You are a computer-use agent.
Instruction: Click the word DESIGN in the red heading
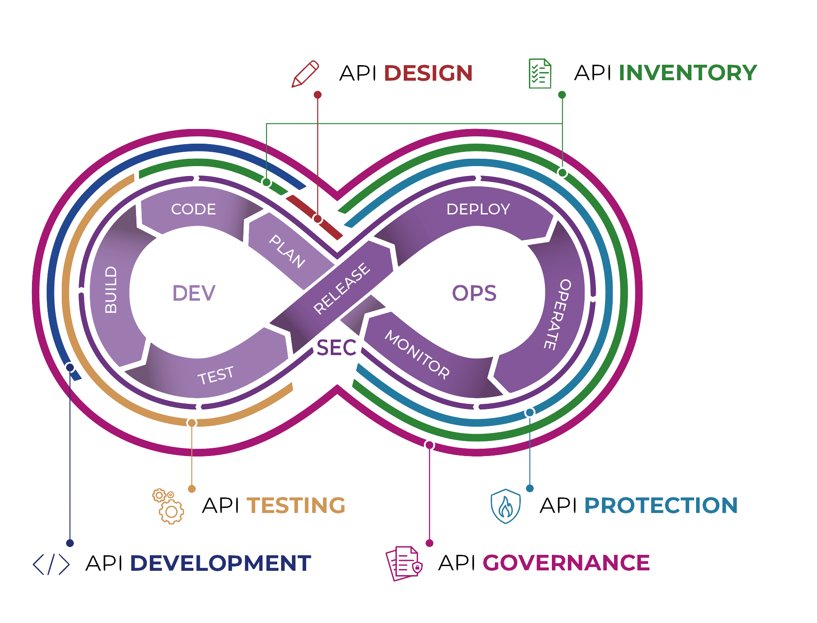coord(428,73)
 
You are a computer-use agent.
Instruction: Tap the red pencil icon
coord(305,74)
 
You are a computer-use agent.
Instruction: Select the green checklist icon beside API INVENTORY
coord(540,74)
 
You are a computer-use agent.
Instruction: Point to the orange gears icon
coord(168,507)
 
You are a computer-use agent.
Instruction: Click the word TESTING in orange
coord(296,505)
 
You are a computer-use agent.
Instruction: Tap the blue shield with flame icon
coord(506,506)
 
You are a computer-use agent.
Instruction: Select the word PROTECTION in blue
coord(661,505)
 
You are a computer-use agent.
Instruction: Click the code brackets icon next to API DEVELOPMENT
coord(51,564)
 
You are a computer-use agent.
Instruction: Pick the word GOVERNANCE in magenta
coord(566,563)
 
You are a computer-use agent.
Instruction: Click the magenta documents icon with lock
coord(404,563)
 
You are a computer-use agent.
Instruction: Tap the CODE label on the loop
coord(193,209)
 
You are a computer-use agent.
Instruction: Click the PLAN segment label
coord(287,252)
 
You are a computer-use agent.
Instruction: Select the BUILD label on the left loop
coord(111,289)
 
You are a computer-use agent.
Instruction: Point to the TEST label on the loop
coord(215,375)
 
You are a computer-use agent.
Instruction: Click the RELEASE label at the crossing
coord(342,288)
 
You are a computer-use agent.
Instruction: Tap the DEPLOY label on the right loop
coord(478,209)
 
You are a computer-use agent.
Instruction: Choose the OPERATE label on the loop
coord(557,315)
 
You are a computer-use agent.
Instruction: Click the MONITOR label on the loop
coord(417,355)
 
